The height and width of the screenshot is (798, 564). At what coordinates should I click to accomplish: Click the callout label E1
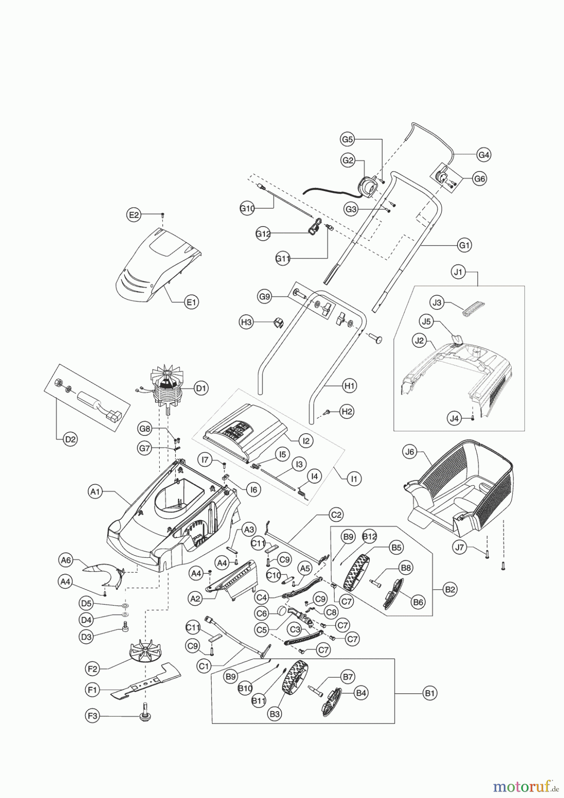coord(191,302)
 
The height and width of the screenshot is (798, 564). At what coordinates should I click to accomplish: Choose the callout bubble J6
coord(410,452)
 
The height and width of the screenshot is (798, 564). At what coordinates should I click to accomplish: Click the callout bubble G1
coord(464,245)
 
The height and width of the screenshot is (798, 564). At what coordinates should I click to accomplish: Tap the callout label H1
coord(350,386)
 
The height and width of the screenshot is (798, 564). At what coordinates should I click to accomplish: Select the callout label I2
coord(305,441)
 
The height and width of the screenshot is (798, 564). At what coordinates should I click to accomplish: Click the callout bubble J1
coord(458,272)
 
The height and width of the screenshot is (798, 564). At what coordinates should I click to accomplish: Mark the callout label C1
coord(204,665)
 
